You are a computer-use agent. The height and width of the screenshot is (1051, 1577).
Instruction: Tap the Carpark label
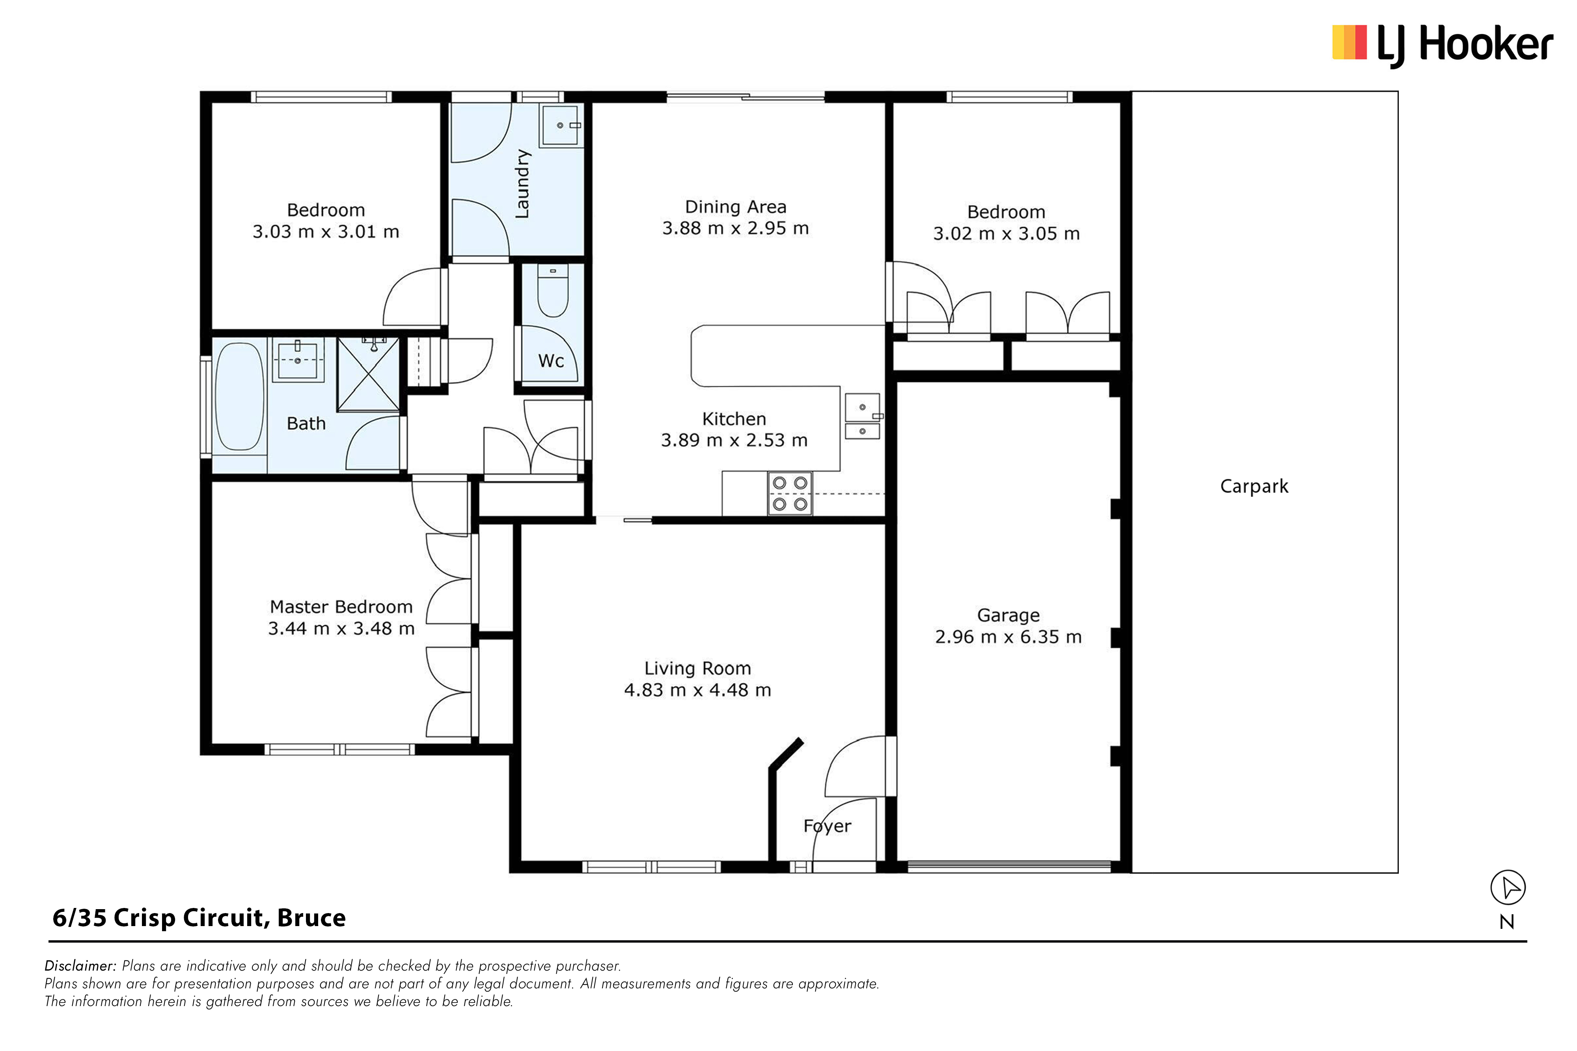1254,487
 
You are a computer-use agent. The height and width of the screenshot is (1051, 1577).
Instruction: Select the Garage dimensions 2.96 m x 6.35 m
1008,637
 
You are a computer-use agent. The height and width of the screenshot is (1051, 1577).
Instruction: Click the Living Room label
697,668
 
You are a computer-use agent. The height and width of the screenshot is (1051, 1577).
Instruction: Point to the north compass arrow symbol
1508,888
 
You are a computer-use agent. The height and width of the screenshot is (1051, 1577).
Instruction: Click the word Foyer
828,826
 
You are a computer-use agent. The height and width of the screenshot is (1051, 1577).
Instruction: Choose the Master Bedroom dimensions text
341,629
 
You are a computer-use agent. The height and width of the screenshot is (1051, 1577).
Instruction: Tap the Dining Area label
736,207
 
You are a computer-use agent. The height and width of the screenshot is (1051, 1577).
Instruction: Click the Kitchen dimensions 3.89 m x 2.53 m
734,440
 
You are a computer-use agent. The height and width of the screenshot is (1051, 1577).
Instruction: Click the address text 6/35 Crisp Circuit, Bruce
199,918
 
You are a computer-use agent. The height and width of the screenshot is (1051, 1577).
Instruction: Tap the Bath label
306,424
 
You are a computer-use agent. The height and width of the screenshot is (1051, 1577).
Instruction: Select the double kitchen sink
862,416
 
